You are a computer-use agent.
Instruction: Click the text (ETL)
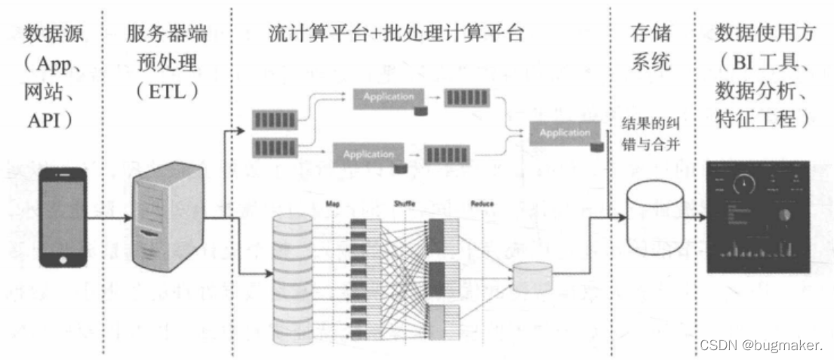coord(168,91)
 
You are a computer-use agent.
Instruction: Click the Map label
coord(333,204)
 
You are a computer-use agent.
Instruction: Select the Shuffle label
coord(405,204)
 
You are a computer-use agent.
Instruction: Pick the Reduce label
coord(482,204)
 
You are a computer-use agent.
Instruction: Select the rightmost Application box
coord(565,134)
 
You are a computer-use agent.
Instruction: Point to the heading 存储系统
coord(650,47)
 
